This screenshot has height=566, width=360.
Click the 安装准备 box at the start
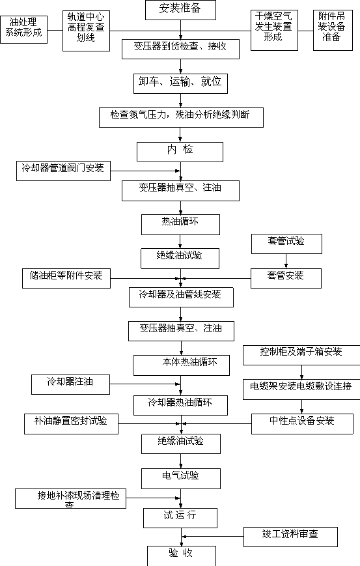pyautogui.click(x=181, y=10)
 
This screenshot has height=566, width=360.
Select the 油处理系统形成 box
pyautogui.click(x=24, y=29)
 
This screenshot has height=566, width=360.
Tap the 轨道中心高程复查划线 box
pyautogui.click(x=86, y=31)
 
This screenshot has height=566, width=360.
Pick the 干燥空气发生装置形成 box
pyautogui.click(x=274, y=31)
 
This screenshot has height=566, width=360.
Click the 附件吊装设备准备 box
pyautogui.click(x=333, y=31)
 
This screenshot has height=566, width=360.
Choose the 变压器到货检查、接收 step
pyautogui.click(x=181, y=49)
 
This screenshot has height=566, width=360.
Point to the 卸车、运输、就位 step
pyautogui.click(x=181, y=84)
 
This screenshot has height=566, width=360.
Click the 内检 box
pyautogui.click(x=180, y=152)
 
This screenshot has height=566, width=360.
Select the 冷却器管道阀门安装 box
pyautogui.click(x=64, y=171)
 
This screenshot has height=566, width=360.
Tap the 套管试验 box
pyautogui.click(x=287, y=244)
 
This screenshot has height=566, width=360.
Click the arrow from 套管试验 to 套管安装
pyautogui.click(x=286, y=261)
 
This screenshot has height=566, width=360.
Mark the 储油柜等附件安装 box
pyautogui.click(x=66, y=278)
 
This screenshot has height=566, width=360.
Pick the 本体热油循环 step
pyautogui.click(x=182, y=365)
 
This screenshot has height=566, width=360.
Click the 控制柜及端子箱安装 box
pyautogui.click(x=301, y=355)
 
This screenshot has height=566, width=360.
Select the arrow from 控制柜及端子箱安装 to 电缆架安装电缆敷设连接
pyautogui.click(x=301, y=372)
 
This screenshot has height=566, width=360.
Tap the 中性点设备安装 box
pyautogui.click(x=302, y=424)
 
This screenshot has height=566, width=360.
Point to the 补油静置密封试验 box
pyautogui.click(x=72, y=424)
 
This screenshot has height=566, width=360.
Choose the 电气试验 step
pyautogui.click(x=181, y=479)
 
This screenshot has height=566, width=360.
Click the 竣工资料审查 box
pyautogui.click(x=291, y=537)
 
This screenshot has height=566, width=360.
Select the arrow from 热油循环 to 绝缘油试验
pyautogui.click(x=180, y=242)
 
